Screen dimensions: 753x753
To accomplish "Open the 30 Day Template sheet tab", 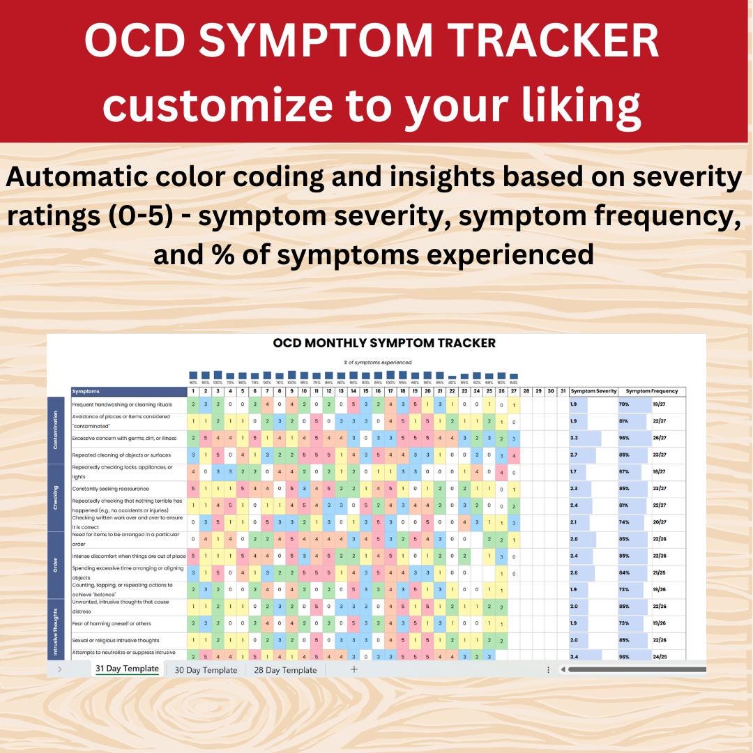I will tap(206, 670).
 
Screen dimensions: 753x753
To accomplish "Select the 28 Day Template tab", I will tap(284, 670).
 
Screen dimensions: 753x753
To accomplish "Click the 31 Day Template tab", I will tap(127, 669).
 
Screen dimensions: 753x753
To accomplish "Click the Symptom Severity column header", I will tap(593, 391).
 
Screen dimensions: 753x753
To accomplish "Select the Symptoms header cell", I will tap(86, 391).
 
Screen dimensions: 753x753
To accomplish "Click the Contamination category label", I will tap(55, 429).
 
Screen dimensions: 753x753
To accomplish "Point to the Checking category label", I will tap(55, 497).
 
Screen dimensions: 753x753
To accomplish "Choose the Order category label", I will tap(55, 565).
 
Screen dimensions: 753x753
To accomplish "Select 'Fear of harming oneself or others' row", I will tap(112, 623).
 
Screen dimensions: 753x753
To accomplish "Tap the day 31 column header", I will tap(562, 391).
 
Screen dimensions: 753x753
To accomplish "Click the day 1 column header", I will tap(193, 391).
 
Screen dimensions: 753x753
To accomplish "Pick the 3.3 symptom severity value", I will tap(573, 438).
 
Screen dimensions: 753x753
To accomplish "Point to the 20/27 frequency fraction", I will tap(660, 522).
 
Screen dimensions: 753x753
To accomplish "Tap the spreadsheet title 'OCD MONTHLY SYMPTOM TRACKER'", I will tap(384, 343).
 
